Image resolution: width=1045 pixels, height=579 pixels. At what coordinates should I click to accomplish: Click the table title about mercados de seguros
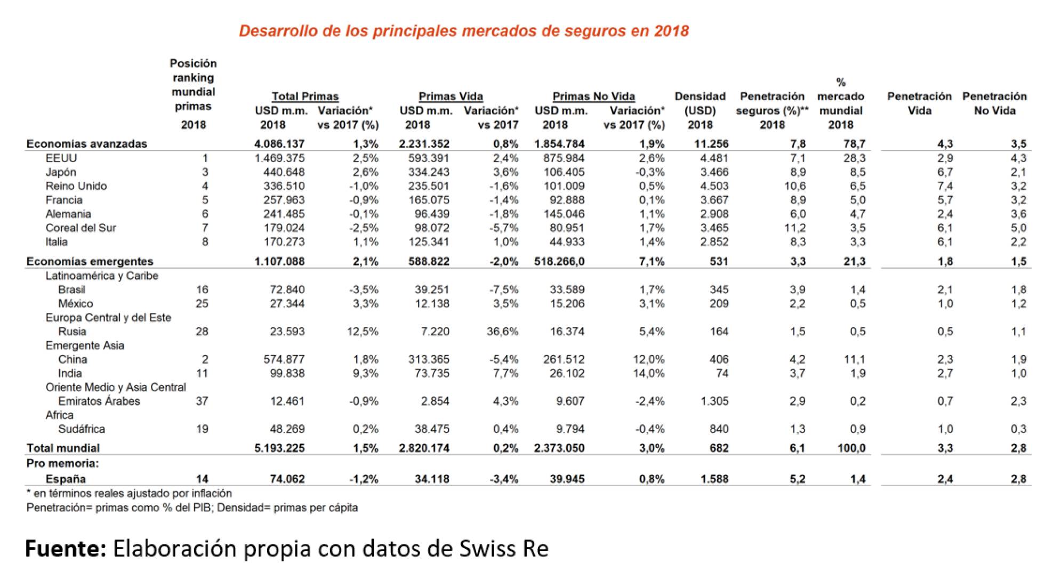pyautogui.click(x=463, y=30)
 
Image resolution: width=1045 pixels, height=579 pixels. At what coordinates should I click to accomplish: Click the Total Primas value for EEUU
pyautogui.click(x=279, y=158)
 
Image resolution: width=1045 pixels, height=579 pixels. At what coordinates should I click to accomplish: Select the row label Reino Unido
pyautogui.click(x=76, y=186)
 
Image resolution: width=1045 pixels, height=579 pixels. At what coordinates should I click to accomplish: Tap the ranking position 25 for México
pyautogui.click(x=202, y=303)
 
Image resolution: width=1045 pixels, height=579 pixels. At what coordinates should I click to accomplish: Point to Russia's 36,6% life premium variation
pyautogui.click(x=502, y=331)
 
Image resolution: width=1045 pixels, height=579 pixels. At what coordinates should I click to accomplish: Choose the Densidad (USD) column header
pyautogui.click(x=700, y=110)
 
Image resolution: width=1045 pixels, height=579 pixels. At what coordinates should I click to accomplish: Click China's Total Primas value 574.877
pyautogui.click(x=284, y=359)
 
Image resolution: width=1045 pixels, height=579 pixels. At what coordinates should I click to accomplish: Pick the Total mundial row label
pyautogui.click(x=63, y=448)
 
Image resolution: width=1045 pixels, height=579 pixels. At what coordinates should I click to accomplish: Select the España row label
pyautogui.click(x=66, y=479)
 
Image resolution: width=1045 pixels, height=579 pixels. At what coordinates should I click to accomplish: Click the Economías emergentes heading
pyautogui.click(x=90, y=261)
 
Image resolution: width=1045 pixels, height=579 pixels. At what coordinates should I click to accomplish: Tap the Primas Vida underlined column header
pyautogui.click(x=451, y=96)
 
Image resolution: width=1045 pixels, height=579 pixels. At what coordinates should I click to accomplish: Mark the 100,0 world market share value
pyautogui.click(x=851, y=448)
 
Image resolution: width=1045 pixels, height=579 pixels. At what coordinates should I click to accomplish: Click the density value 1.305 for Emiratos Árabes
pyautogui.click(x=714, y=401)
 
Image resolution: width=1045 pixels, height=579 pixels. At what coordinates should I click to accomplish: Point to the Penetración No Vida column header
pyautogui.click(x=994, y=103)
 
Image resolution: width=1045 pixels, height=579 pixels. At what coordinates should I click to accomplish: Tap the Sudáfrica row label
pyautogui.click(x=82, y=429)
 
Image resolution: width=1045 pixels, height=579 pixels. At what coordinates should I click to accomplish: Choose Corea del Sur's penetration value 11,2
pyautogui.click(x=795, y=228)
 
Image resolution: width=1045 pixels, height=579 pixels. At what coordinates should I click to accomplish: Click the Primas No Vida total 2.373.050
pyautogui.click(x=559, y=448)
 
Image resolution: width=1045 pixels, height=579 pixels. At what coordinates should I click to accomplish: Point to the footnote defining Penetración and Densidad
pyautogui.click(x=192, y=508)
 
